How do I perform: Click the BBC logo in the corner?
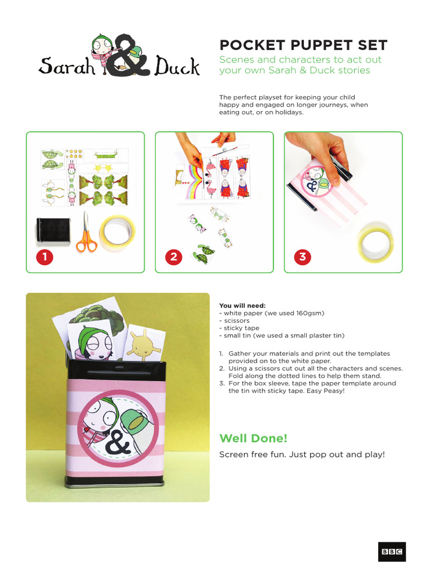[392, 551]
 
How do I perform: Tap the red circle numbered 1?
[45, 257]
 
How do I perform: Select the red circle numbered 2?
[174, 257]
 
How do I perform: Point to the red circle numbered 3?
[303, 257]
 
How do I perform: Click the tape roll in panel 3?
[375, 245]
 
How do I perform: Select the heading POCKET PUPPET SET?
[303, 45]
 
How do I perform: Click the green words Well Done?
[250, 437]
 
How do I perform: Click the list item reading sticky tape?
[236, 328]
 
